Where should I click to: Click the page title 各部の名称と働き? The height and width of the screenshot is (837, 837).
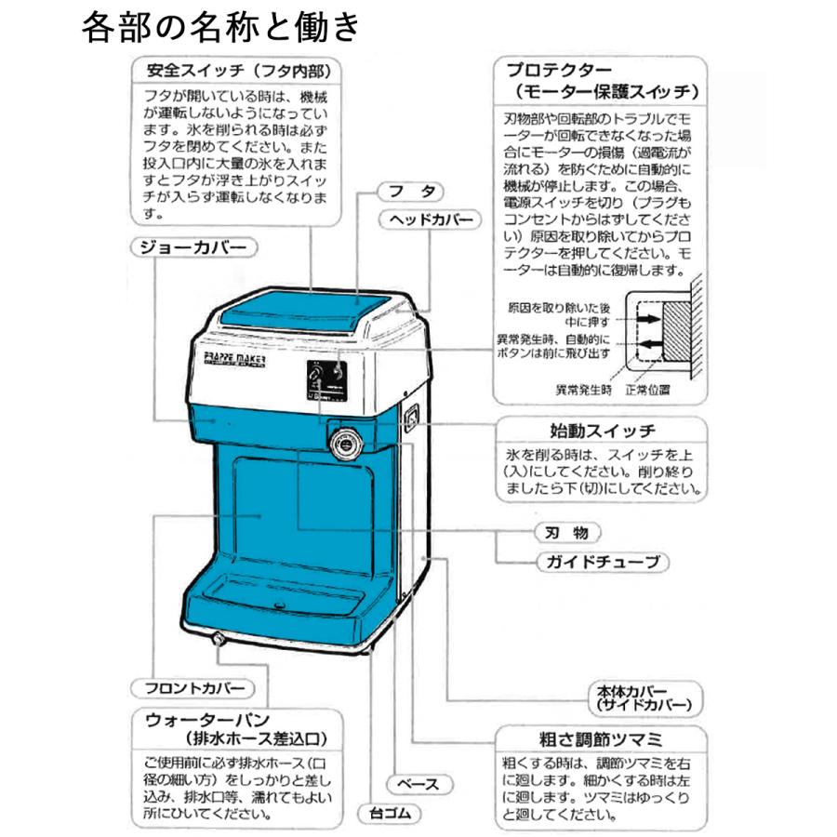pyautogui.click(x=219, y=27)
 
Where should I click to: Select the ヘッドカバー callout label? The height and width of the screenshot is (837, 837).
pyautogui.click(x=431, y=219)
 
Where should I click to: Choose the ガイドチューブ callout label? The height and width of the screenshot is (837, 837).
pyautogui.click(x=602, y=562)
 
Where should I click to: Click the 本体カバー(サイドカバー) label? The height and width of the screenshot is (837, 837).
pyautogui.click(x=643, y=698)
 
